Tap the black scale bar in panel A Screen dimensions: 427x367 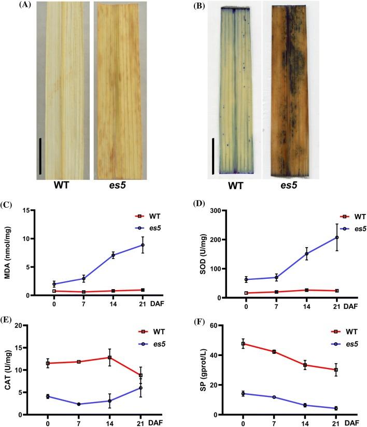40,149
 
